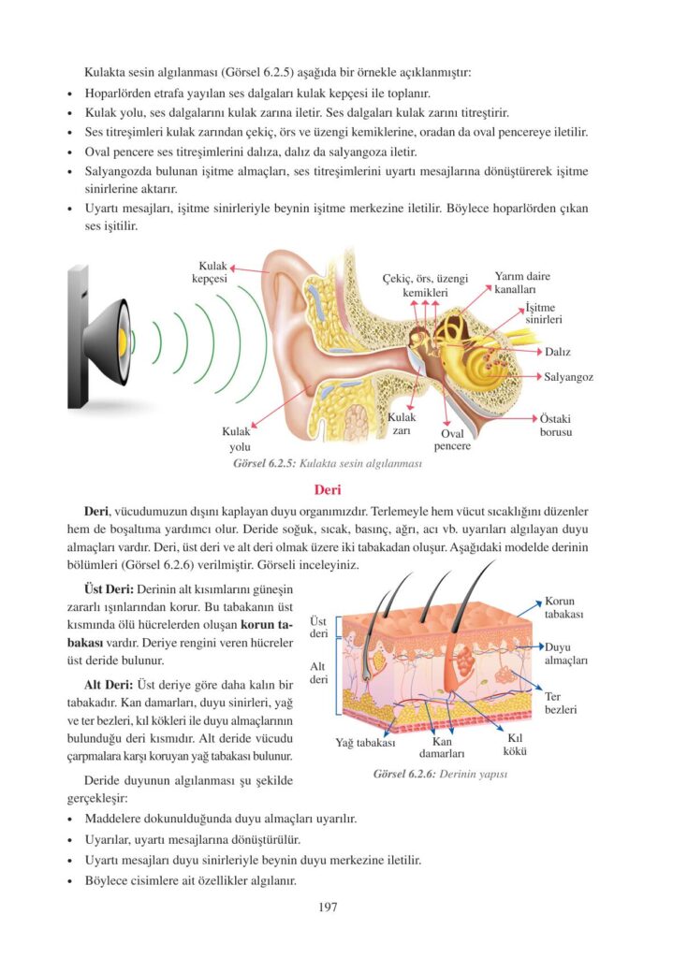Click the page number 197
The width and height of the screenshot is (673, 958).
tap(327, 907)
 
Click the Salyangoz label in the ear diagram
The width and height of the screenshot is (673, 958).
tap(569, 377)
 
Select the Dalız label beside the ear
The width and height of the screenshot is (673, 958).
tap(558, 352)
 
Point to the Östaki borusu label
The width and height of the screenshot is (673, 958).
tap(556, 426)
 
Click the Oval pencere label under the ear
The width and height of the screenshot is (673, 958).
tap(452, 440)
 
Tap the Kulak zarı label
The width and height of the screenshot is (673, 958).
tap(402, 424)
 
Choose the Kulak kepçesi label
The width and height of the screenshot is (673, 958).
tap(206, 271)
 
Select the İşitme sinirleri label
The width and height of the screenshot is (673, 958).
tap(543, 312)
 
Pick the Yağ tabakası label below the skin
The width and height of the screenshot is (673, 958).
tap(365, 743)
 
